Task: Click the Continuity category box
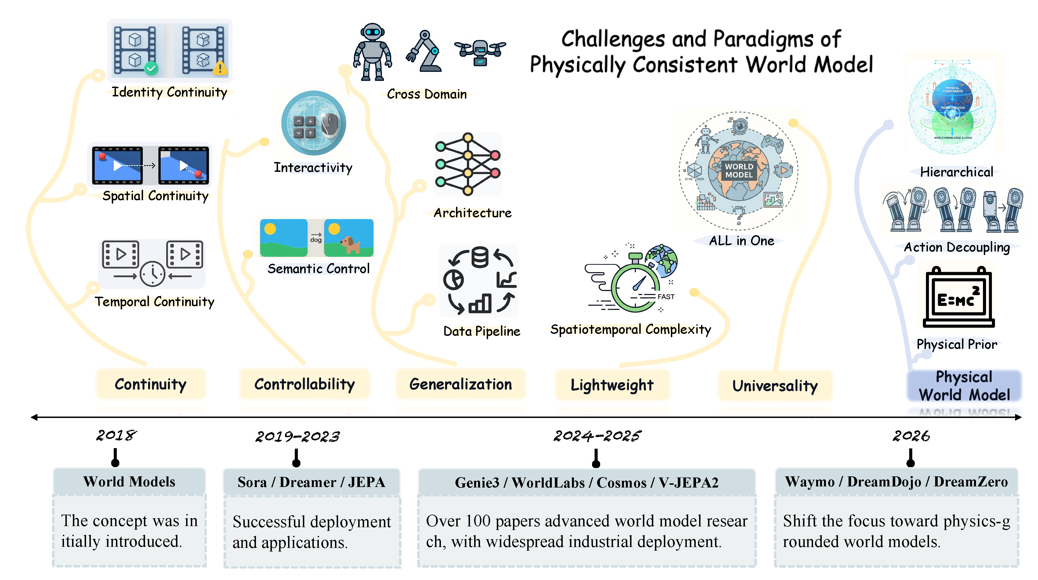click(151, 384)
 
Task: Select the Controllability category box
click(305, 384)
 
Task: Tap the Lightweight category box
click(612, 385)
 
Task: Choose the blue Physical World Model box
click(964, 386)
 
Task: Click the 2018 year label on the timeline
click(116, 435)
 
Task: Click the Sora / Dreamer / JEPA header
click(312, 482)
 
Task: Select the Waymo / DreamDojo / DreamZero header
click(896, 482)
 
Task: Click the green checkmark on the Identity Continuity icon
click(151, 68)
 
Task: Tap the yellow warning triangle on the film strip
click(220, 68)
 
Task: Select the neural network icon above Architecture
click(468, 164)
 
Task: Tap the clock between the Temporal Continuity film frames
click(152, 274)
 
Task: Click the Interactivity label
click(313, 168)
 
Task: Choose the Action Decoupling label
click(957, 247)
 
